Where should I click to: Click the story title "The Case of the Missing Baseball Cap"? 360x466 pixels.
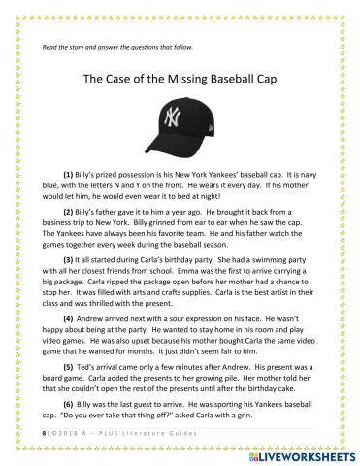pyautogui.click(x=180, y=82)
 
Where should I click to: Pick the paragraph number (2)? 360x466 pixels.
pyautogui.click(x=69, y=210)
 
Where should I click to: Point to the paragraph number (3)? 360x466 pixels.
pyautogui.click(x=69, y=261)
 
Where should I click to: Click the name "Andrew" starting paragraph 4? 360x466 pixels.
pyautogui.click(x=100, y=318)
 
